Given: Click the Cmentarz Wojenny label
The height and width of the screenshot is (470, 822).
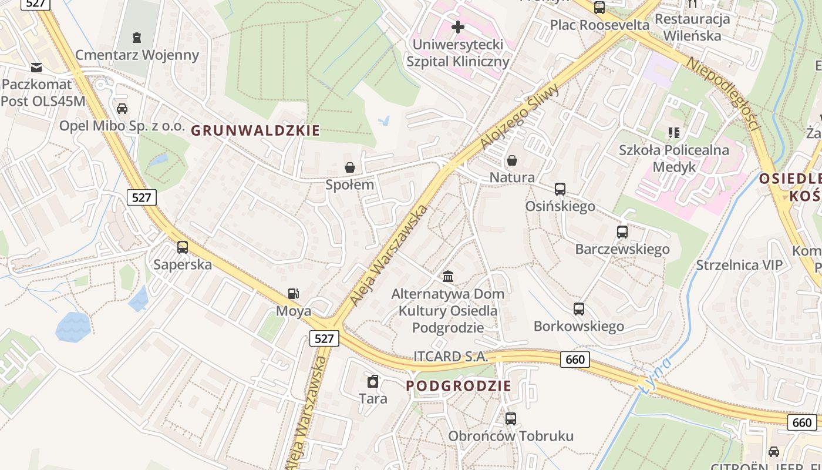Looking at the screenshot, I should (137, 55).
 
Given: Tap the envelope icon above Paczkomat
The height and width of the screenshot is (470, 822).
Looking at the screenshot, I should (36, 67).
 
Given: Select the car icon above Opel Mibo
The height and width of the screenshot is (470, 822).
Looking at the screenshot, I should (122, 109).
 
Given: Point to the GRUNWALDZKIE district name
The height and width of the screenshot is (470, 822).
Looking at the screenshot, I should (256, 131).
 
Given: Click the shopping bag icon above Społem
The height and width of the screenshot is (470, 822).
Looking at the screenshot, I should (350, 167).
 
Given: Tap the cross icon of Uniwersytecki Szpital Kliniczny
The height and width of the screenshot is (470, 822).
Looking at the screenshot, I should (458, 27).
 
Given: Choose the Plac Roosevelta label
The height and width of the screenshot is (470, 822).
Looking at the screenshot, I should (599, 25).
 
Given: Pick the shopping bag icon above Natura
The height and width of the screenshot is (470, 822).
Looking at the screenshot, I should (512, 160).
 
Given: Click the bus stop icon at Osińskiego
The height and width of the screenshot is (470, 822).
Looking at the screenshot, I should (560, 189).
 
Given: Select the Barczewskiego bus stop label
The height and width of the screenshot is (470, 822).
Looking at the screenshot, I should (622, 249).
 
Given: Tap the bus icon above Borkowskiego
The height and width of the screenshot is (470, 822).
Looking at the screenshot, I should (579, 308).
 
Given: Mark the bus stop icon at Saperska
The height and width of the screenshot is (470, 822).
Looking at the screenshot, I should (183, 247).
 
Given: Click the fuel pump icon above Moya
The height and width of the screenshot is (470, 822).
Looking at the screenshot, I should (293, 294).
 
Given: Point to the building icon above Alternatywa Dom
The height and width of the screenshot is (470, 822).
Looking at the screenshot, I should (448, 276).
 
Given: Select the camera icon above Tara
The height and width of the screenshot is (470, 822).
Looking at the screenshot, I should (373, 382).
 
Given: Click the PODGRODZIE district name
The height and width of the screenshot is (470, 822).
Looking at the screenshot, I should (459, 386).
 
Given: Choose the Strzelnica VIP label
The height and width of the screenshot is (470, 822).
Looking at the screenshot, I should (739, 265).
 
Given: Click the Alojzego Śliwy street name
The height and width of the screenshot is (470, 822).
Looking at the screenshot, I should (519, 117).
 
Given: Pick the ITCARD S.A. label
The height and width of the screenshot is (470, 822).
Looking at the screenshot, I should (451, 357).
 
